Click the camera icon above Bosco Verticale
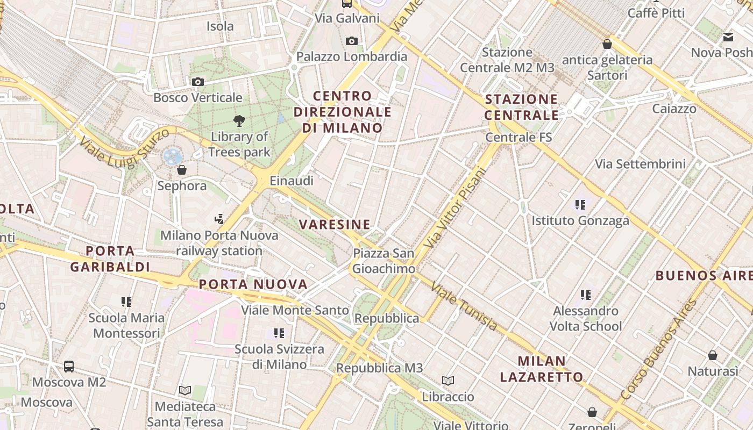(x=198, y=82)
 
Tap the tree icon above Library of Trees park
(x=239, y=121)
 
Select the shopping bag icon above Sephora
(x=182, y=170)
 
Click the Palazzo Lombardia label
(x=352, y=56)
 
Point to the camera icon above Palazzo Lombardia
(x=352, y=41)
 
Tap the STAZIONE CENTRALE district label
(x=521, y=107)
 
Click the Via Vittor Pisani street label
(x=454, y=208)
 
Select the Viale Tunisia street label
(x=465, y=306)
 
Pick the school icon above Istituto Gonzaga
(x=580, y=204)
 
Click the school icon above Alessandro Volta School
(x=586, y=295)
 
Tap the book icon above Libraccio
(x=448, y=381)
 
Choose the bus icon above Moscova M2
(x=69, y=367)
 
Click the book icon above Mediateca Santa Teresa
(x=185, y=390)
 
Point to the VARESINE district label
(x=335, y=224)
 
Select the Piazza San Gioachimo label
(x=383, y=261)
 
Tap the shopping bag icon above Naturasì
(x=713, y=355)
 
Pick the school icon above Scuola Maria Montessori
(x=126, y=302)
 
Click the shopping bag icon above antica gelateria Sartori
(x=607, y=44)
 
